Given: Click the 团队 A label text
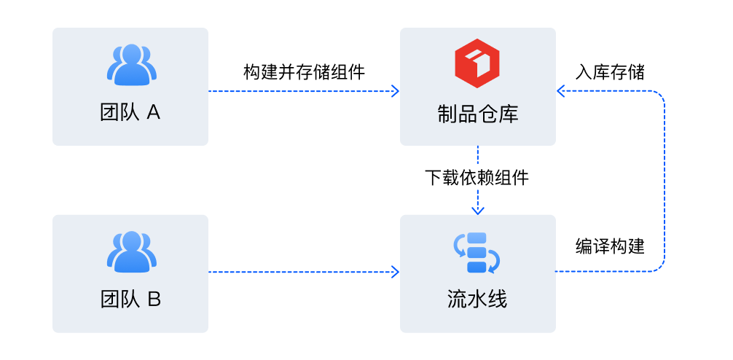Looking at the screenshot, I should [130, 113].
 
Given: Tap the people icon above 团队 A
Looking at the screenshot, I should [131, 64].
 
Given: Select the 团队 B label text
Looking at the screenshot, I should [130, 300].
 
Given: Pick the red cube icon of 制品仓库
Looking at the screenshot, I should [477, 64].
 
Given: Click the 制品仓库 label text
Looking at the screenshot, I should [477, 113].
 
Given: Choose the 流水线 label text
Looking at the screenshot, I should [477, 300].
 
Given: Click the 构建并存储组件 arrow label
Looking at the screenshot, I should [304, 72].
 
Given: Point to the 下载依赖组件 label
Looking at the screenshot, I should [477, 178].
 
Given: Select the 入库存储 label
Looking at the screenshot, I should [610, 72].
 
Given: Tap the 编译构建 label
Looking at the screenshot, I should [610, 246].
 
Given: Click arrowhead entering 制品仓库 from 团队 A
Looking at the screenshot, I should [396, 91].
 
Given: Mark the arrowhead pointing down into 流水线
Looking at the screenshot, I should [477, 210].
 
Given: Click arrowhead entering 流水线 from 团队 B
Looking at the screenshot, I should [396, 273].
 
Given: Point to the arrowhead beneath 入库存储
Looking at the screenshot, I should [561, 91].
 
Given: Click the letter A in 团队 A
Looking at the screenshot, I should [153, 113].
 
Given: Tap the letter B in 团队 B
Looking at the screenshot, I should [154, 300].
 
